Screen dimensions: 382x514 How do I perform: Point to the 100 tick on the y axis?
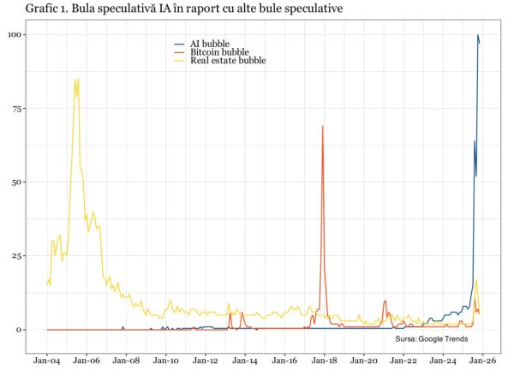click(x=16, y=35)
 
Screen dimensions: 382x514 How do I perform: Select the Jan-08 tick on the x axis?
click(x=125, y=362)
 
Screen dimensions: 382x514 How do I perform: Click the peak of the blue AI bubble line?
click(x=478, y=35)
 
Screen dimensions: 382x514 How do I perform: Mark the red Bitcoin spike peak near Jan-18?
click(x=323, y=126)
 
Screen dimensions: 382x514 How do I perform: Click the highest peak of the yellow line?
click(x=77, y=80)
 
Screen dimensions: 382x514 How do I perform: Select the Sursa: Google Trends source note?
click(x=430, y=340)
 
